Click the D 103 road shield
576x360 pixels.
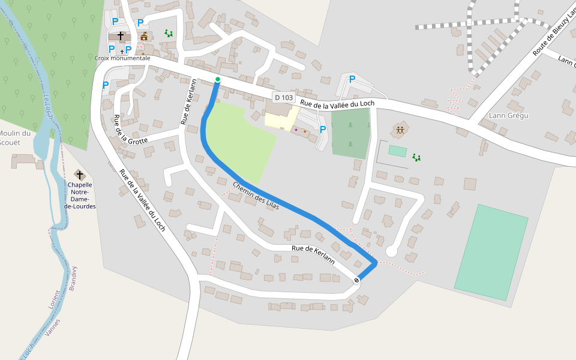(x=284, y=97)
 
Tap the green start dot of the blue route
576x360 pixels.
(x=218, y=79)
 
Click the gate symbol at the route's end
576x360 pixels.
(x=357, y=280)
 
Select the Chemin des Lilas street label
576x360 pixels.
(x=256, y=196)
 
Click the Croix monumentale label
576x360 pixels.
(x=122, y=58)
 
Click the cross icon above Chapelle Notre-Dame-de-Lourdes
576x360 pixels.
(x=79, y=175)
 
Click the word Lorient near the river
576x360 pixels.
(x=55, y=299)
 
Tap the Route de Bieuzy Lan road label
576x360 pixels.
(x=554, y=29)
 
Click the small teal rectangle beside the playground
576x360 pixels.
(x=397, y=151)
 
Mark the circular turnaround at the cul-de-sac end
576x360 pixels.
(x=392, y=251)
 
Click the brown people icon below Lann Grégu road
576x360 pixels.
(x=400, y=130)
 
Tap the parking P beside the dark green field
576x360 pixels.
(x=323, y=129)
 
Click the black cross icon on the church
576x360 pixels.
(x=121, y=36)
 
